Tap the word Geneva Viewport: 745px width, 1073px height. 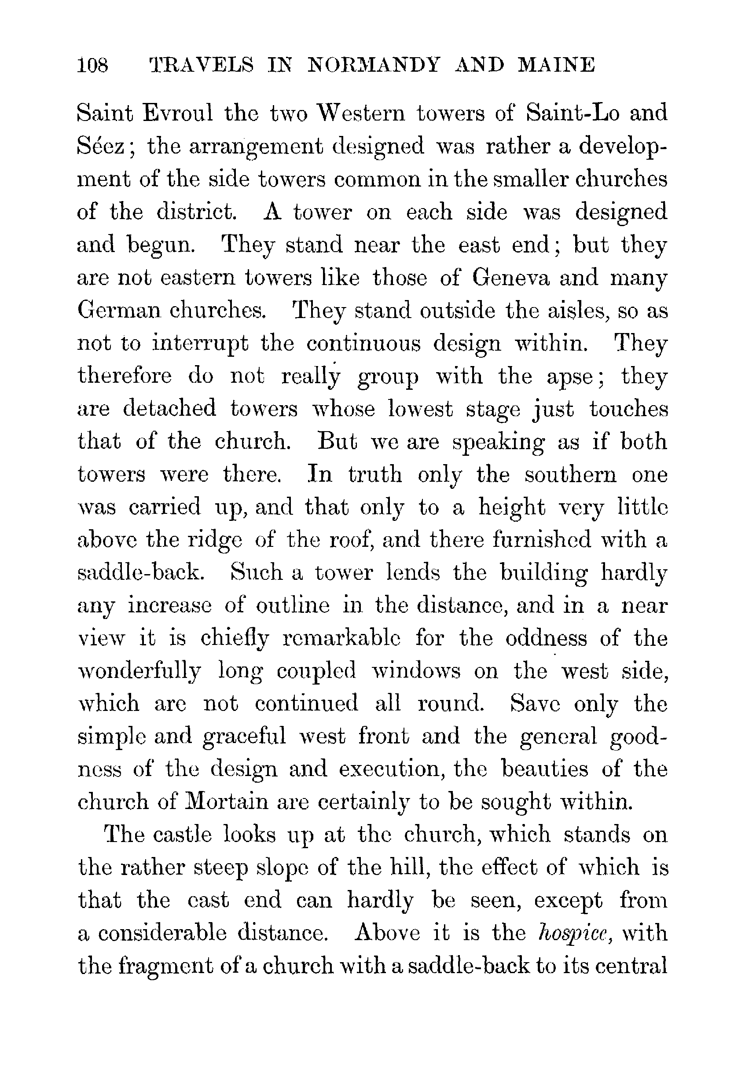tap(510, 278)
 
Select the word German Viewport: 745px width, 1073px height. tap(118, 311)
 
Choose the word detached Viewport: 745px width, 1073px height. tap(169, 409)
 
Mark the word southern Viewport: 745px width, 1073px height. tap(570, 475)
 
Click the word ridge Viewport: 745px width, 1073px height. tap(215, 541)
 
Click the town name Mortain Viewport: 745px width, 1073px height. tap(227, 803)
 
